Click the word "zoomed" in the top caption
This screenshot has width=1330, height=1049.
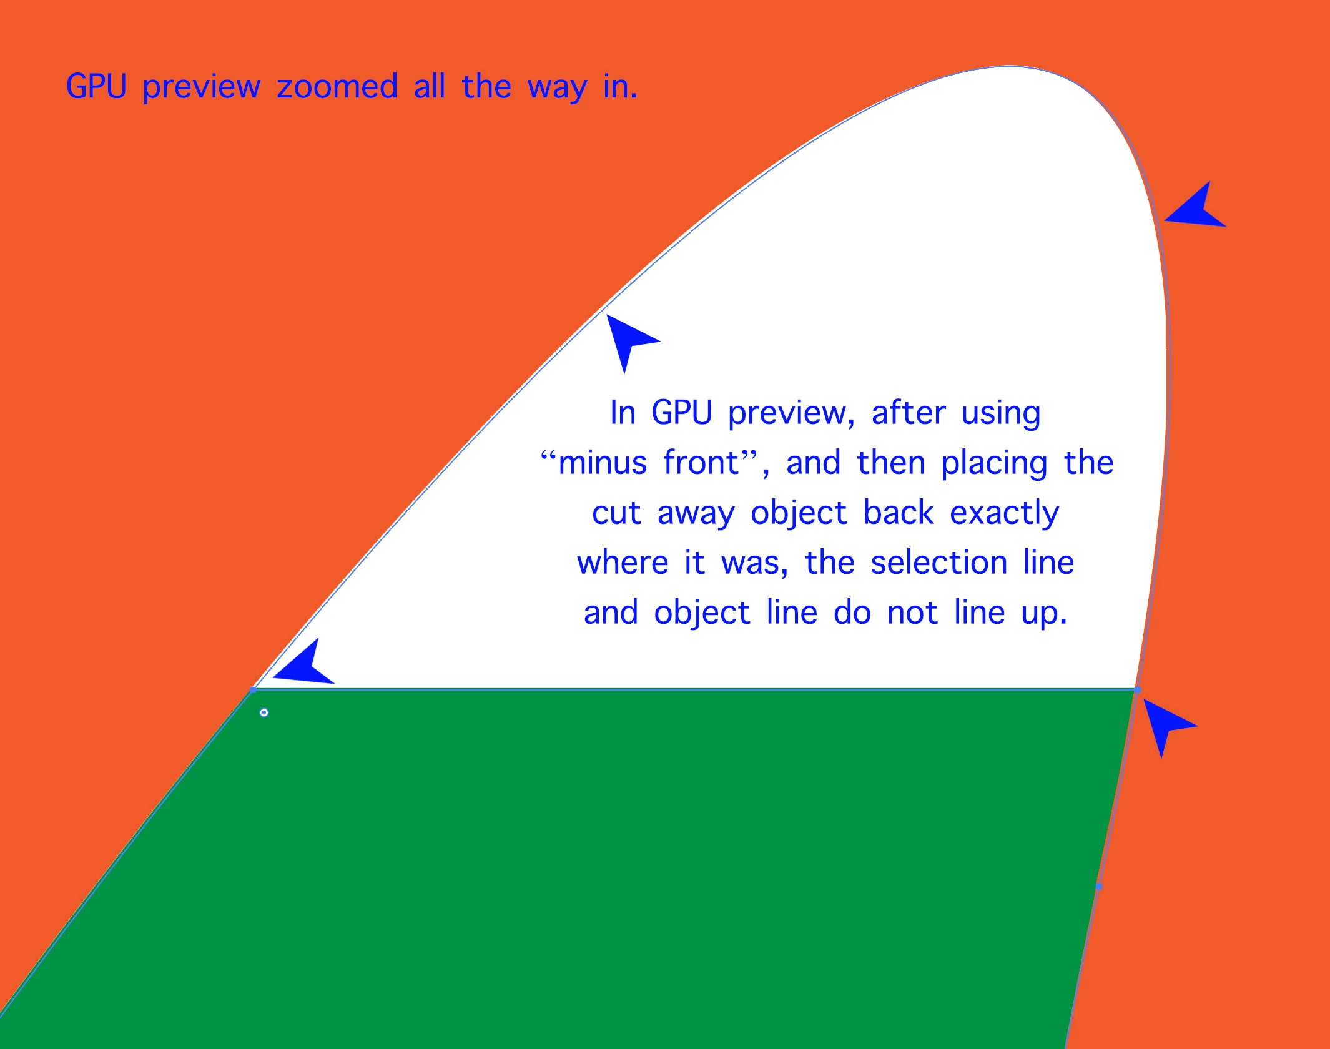coord(337,86)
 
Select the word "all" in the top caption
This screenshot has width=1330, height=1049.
coord(430,86)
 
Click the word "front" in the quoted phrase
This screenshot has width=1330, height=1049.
coord(701,463)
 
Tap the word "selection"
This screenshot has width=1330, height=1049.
coord(939,563)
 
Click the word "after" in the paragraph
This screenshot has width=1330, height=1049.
coord(909,413)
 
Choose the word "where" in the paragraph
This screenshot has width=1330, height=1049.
coord(623,563)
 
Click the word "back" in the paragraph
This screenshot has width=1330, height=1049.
coord(899,513)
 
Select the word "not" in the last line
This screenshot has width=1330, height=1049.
coord(912,614)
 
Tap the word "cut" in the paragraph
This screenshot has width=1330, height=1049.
coord(616,514)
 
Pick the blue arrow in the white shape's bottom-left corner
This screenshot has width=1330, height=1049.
coord(303,662)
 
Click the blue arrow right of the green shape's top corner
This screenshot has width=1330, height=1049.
coord(1166,726)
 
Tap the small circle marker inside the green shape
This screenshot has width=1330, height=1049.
coord(264,712)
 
